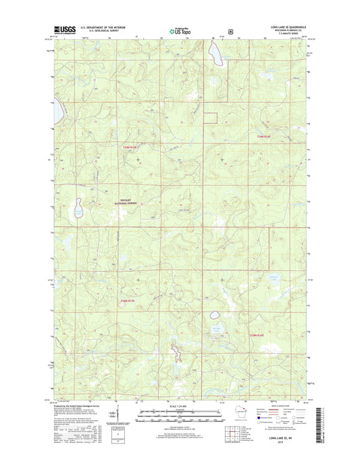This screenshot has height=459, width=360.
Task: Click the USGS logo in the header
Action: pyautogui.click(x=64, y=30)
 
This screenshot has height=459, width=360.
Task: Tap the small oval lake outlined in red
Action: pyautogui.click(x=215, y=314)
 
